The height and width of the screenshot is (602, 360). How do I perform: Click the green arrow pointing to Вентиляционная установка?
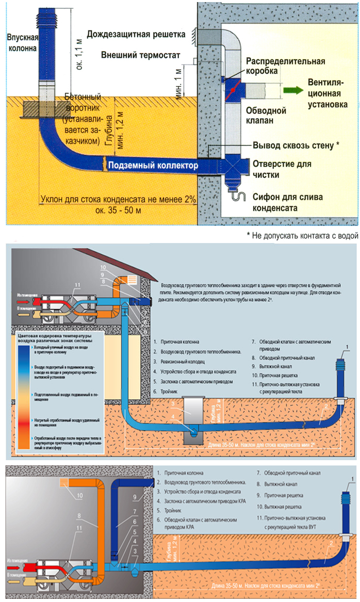[x=292, y=90]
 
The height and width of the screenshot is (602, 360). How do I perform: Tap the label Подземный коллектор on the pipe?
[x=152, y=166]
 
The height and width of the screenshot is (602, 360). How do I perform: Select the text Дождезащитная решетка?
[x=136, y=35]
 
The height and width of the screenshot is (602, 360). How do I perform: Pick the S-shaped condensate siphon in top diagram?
[x=237, y=196]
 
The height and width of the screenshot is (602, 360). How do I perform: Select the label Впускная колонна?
[x=23, y=43]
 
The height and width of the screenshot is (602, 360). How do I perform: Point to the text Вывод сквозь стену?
[x=295, y=145]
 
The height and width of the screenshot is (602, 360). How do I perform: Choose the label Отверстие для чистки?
[x=282, y=169]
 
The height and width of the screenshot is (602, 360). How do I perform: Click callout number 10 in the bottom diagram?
[x=79, y=496]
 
